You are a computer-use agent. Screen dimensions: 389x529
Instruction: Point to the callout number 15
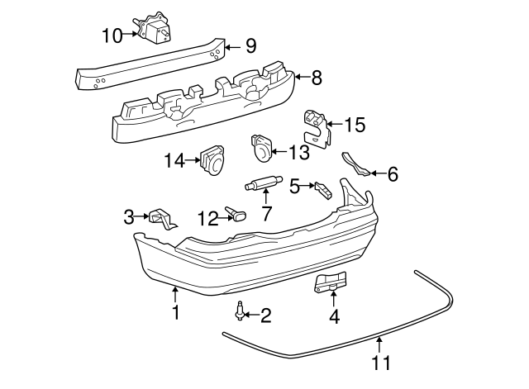[x=354, y=125]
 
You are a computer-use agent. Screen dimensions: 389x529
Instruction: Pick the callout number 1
[x=175, y=312]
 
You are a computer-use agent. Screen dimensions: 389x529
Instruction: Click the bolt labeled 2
[x=240, y=312]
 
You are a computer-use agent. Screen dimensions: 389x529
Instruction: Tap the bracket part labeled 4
[x=331, y=282]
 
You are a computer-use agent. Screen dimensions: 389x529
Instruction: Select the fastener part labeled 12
[x=237, y=216]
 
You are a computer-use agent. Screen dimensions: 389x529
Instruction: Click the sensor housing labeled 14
[x=212, y=159]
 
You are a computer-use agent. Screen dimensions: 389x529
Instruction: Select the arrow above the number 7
[x=266, y=197]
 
